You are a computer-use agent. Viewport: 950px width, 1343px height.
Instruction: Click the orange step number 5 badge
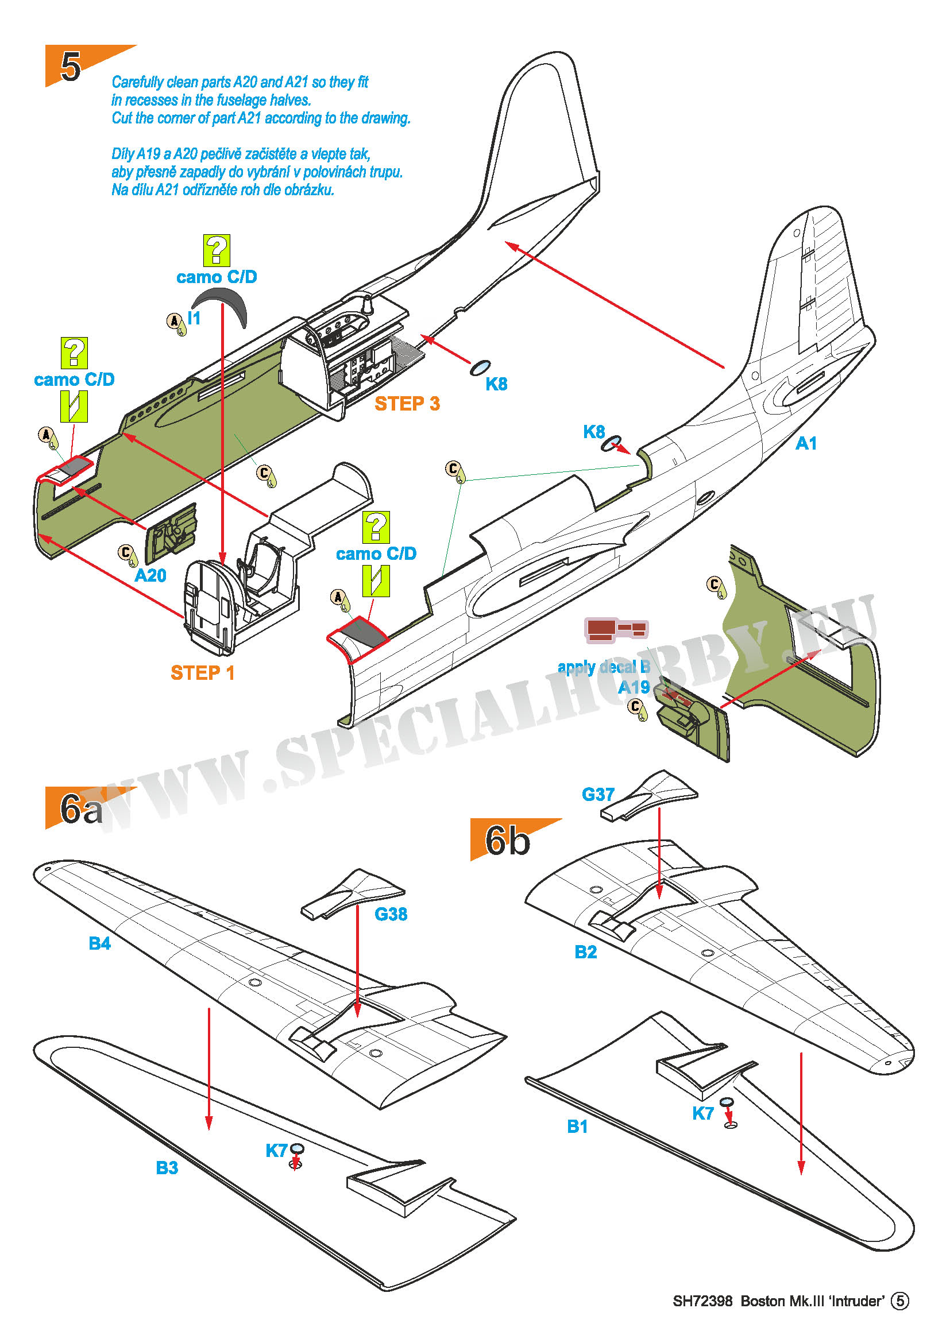[x=71, y=65]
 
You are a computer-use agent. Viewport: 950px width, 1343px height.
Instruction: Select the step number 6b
[x=507, y=841]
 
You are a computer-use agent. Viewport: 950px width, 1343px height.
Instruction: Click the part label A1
[x=805, y=443]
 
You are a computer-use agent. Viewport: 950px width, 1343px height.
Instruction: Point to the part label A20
[x=150, y=575]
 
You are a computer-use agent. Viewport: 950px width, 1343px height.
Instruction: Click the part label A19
[x=634, y=687]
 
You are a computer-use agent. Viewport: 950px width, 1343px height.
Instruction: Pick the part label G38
[x=390, y=914]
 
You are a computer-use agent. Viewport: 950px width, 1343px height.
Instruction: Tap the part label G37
[x=598, y=794]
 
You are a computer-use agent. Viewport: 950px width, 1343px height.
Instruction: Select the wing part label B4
[x=99, y=943]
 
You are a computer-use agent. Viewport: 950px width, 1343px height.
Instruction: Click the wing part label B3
[x=167, y=1167]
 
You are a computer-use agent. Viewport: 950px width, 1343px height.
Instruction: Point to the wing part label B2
[x=585, y=951]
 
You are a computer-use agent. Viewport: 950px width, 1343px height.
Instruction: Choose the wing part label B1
[x=577, y=1126]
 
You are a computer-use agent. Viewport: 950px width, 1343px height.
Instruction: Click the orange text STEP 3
[x=407, y=404]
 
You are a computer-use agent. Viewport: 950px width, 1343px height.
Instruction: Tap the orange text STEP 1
[x=202, y=673]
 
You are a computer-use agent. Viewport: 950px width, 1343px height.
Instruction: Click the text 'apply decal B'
[x=604, y=667]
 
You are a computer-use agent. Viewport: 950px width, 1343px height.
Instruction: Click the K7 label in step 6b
[x=702, y=1113]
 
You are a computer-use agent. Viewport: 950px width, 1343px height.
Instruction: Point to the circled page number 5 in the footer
[x=899, y=1301]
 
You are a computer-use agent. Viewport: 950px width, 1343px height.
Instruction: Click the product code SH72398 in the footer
[x=702, y=1301]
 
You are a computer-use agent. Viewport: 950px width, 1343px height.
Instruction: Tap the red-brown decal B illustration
[x=615, y=629]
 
